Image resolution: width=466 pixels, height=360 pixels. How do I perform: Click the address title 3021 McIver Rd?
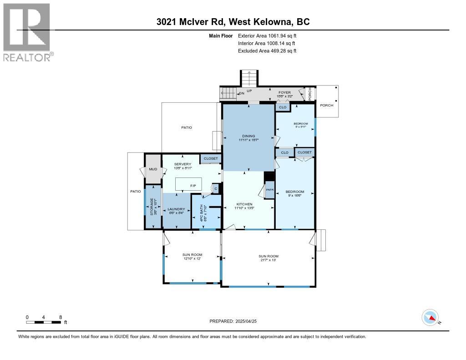pos(233,22)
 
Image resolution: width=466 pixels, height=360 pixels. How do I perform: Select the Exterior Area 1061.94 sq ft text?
pos(267,35)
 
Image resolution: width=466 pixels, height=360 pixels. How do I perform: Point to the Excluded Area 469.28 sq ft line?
pos(267,51)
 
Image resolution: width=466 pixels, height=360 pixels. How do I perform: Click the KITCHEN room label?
pos(244,206)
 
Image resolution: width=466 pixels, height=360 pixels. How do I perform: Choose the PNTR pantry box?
pos(269,189)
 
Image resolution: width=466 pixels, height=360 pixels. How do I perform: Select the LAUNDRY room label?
pos(177,211)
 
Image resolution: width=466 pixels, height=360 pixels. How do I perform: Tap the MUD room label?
pos(153,170)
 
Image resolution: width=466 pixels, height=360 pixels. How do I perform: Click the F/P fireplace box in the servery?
pos(192,185)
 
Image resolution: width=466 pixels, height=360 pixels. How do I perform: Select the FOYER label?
pos(284,94)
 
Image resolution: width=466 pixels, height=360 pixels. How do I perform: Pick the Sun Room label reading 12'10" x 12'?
pos(193,256)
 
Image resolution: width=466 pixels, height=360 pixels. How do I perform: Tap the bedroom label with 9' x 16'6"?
pos(295,194)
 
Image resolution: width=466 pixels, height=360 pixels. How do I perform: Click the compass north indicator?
pos(430,318)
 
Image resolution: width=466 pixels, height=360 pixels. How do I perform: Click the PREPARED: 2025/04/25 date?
pos(236,321)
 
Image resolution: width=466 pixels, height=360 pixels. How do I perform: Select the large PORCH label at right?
pos(326,105)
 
